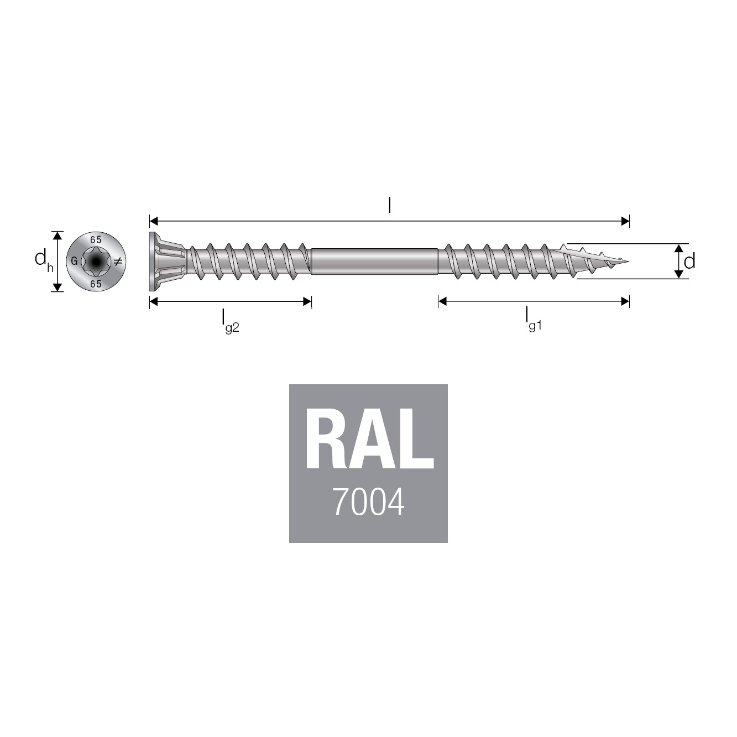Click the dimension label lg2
click(x=230, y=322)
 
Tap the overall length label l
click(x=389, y=206)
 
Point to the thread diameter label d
click(x=689, y=262)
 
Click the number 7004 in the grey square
click(x=369, y=502)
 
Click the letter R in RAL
click(x=326, y=438)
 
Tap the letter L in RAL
click(x=416, y=438)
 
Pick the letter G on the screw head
click(x=74, y=262)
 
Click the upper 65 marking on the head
click(x=96, y=240)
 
